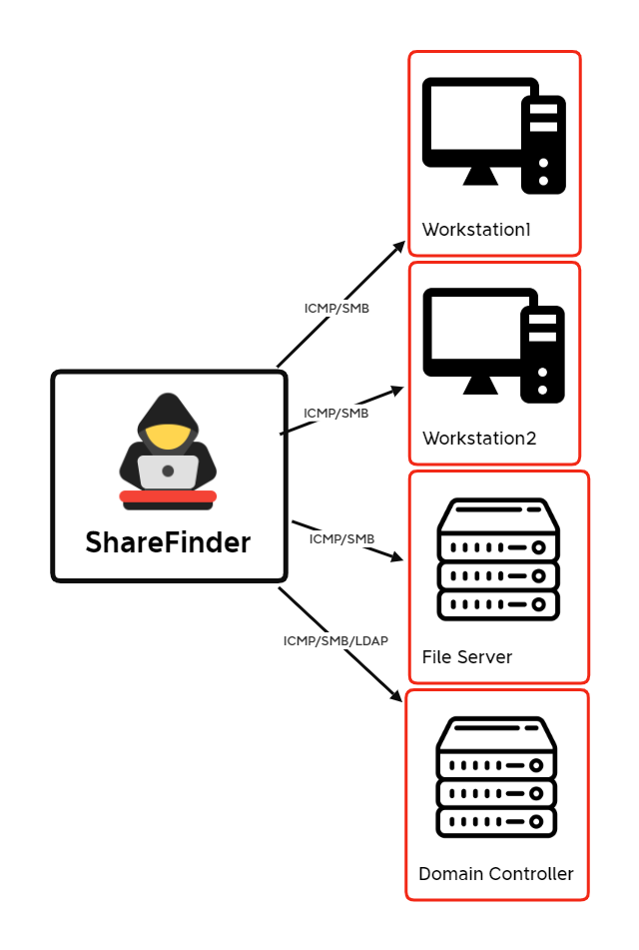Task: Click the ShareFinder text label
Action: tap(168, 541)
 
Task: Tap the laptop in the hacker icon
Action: tap(168, 472)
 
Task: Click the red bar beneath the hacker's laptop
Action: tap(168, 496)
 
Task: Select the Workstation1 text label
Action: tap(476, 230)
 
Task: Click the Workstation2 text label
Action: tap(479, 439)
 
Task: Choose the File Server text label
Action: tap(467, 656)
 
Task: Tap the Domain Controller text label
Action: tap(496, 874)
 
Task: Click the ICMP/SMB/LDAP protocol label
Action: tap(335, 640)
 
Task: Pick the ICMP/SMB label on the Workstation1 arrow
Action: tap(336, 309)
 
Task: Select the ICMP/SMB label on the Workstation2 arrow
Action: tap(336, 414)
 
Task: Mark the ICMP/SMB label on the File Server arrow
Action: tap(341, 538)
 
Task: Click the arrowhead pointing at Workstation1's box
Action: tap(399, 247)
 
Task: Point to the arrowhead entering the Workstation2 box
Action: tap(396, 391)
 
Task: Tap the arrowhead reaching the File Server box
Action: tap(396, 556)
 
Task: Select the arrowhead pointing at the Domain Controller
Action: tap(395, 695)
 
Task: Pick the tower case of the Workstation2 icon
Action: tap(543, 355)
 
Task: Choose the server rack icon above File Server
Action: tap(498, 559)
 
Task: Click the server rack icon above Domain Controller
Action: tap(496, 777)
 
